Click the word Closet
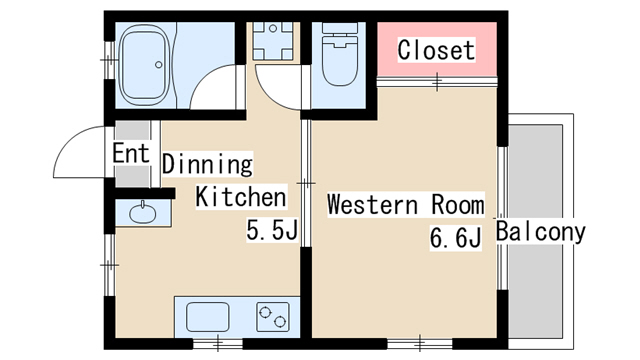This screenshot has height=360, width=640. point(436,50)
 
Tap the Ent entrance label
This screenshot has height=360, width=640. point(131,153)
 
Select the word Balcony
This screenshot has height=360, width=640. point(540,231)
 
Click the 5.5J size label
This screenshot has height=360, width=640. point(272,231)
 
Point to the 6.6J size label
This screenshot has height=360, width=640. point(456,238)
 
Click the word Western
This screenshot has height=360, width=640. point(372,204)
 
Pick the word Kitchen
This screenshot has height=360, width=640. point(241,197)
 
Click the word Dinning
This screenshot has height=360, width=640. point(207,164)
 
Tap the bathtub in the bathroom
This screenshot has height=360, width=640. point(144,65)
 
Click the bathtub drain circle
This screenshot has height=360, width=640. point(158,64)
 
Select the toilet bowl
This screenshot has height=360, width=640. point(340,61)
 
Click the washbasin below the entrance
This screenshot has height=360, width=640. point(142,212)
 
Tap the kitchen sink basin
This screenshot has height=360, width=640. point(207,317)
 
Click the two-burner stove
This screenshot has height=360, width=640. point(273,317)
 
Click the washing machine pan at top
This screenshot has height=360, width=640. point(273,41)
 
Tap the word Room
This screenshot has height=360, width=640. point(458,204)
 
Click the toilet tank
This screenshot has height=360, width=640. point(340,28)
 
